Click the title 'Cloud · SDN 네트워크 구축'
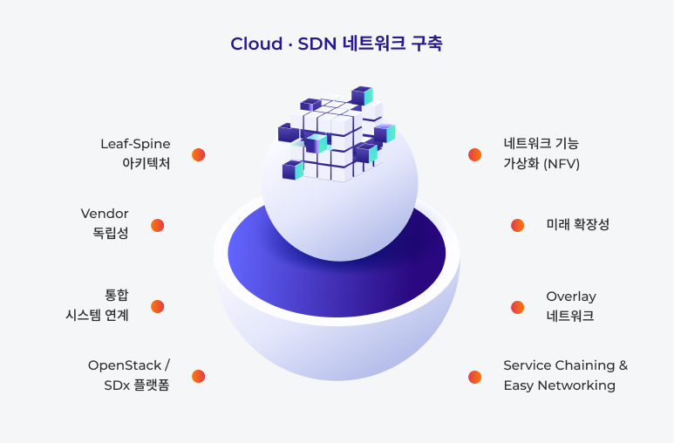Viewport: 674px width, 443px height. coord(337,44)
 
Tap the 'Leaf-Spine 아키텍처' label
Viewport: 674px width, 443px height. coord(135,153)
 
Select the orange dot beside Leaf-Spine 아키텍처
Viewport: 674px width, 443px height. coord(199,154)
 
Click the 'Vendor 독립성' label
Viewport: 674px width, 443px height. coord(105,223)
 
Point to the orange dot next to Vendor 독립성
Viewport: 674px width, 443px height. coord(157,225)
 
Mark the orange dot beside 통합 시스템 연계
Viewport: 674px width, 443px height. coord(157,306)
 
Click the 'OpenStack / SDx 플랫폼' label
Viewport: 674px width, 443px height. coord(129,375)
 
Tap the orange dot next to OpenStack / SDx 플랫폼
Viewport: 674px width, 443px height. coord(199,377)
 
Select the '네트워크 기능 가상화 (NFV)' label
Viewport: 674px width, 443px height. coord(541,153)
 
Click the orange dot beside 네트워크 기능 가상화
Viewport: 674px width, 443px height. coord(474,154)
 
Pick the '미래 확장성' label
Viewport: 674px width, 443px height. coord(577,225)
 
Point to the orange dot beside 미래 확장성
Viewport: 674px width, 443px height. coord(517,225)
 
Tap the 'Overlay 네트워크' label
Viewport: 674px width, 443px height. coord(571,306)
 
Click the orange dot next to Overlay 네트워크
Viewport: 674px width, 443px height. coord(517,307)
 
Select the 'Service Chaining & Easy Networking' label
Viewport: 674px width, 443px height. coord(565,375)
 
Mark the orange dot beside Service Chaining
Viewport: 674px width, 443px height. coord(474,377)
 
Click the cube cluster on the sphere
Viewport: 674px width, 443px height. coord(336,135)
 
